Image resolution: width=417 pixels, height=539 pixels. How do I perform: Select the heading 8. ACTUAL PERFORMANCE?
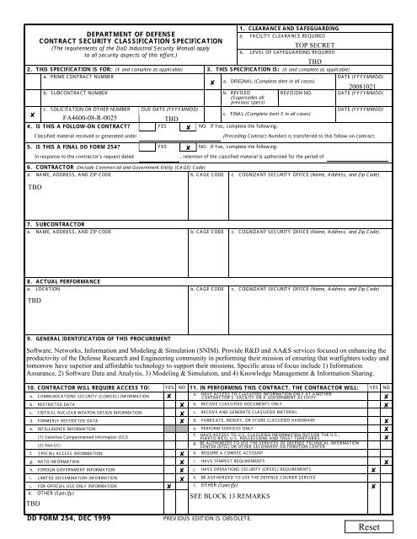click(x=51, y=280)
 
